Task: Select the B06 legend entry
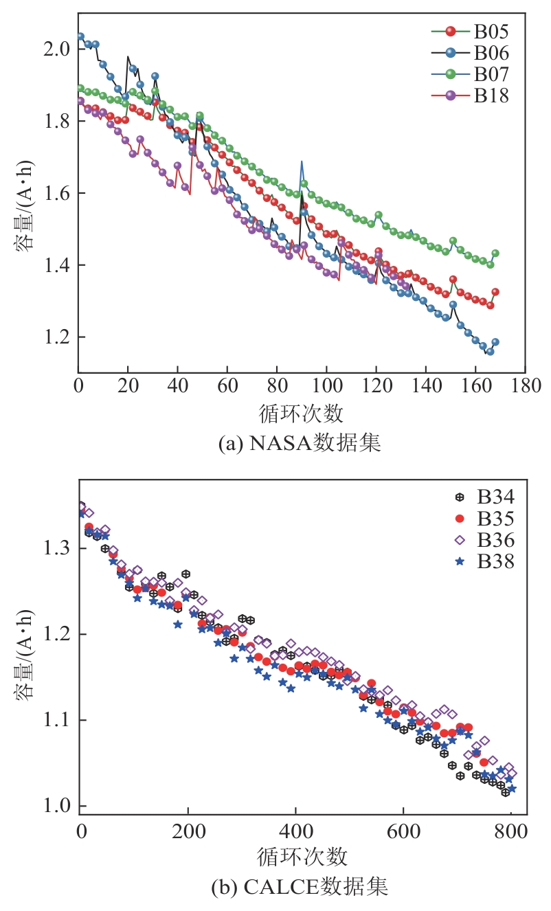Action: [490, 52]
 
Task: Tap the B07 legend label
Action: [490, 74]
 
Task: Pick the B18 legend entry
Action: [490, 95]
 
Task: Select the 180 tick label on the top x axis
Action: [525, 384]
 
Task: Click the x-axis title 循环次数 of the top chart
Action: [301, 414]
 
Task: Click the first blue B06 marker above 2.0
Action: [80, 36]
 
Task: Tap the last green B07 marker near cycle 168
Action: [495, 254]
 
